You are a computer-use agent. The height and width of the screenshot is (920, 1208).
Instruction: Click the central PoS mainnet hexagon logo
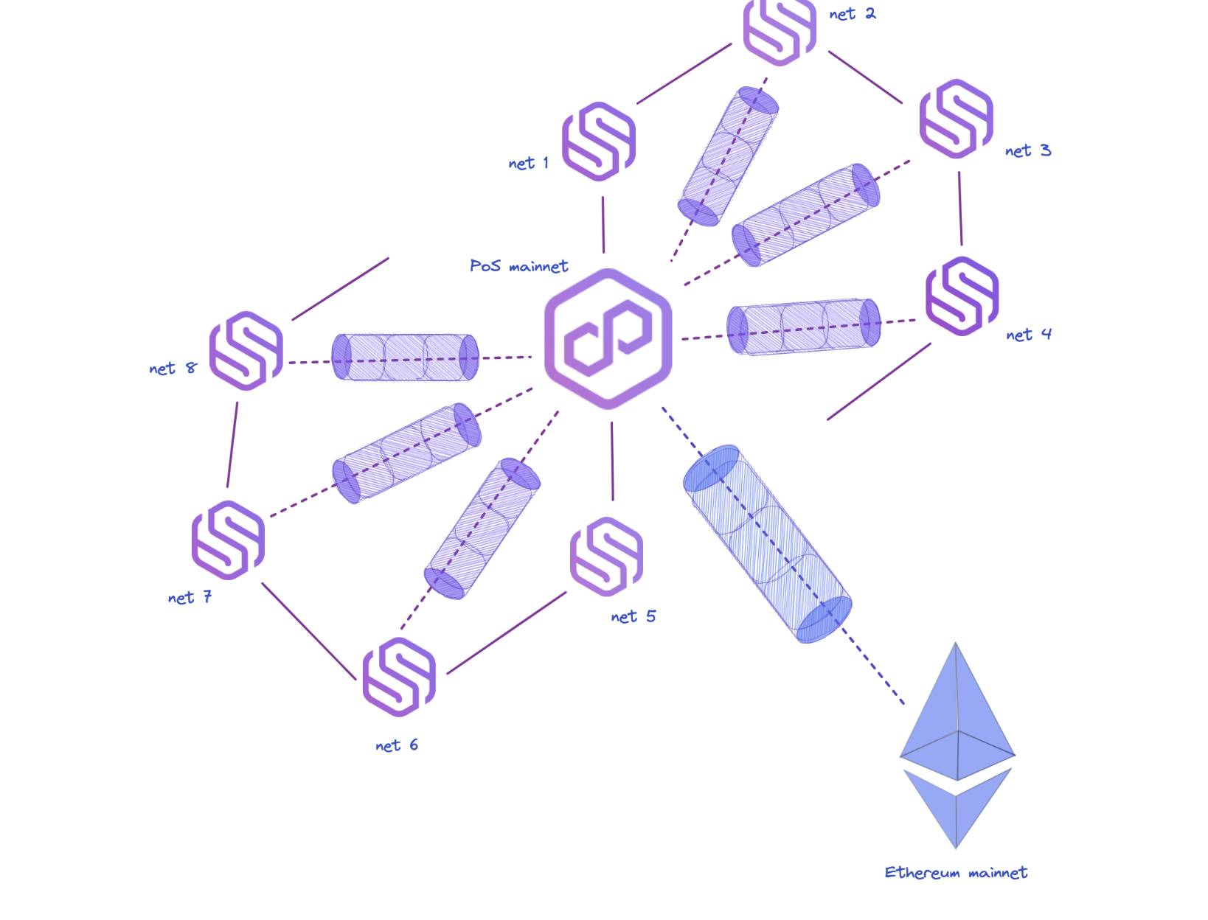(x=608, y=339)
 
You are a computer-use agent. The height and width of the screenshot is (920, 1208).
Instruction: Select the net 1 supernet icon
(x=599, y=142)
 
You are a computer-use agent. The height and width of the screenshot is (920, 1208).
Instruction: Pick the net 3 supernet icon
(x=957, y=119)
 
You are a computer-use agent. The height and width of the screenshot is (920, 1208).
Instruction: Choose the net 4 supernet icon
(x=962, y=296)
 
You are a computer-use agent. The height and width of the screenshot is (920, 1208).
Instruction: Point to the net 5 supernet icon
(x=606, y=557)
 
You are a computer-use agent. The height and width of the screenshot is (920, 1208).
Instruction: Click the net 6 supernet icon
(x=399, y=677)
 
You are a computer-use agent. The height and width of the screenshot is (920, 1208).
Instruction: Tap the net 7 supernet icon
(x=228, y=540)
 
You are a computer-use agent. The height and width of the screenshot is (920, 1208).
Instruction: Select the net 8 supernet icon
(x=246, y=351)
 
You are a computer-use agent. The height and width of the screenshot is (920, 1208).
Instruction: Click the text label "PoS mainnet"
(x=518, y=266)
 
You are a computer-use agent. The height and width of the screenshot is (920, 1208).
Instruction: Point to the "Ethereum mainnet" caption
(x=956, y=873)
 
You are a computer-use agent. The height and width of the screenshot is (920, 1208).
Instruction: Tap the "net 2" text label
(x=853, y=14)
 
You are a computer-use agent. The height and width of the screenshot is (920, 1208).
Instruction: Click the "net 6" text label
(x=396, y=745)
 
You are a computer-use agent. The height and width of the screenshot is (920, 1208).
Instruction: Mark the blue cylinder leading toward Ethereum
(x=767, y=544)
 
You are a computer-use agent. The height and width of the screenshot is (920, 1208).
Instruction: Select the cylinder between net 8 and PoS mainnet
(x=405, y=358)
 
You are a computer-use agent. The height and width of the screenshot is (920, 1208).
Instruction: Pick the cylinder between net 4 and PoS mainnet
(x=804, y=327)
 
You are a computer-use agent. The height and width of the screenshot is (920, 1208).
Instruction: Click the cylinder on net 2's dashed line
(x=728, y=156)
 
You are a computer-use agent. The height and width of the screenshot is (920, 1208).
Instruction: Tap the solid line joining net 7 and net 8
(x=232, y=445)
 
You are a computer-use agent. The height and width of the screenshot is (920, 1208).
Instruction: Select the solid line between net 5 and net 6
(x=507, y=633)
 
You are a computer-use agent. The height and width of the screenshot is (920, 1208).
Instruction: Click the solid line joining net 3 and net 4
(x=960, y=209)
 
